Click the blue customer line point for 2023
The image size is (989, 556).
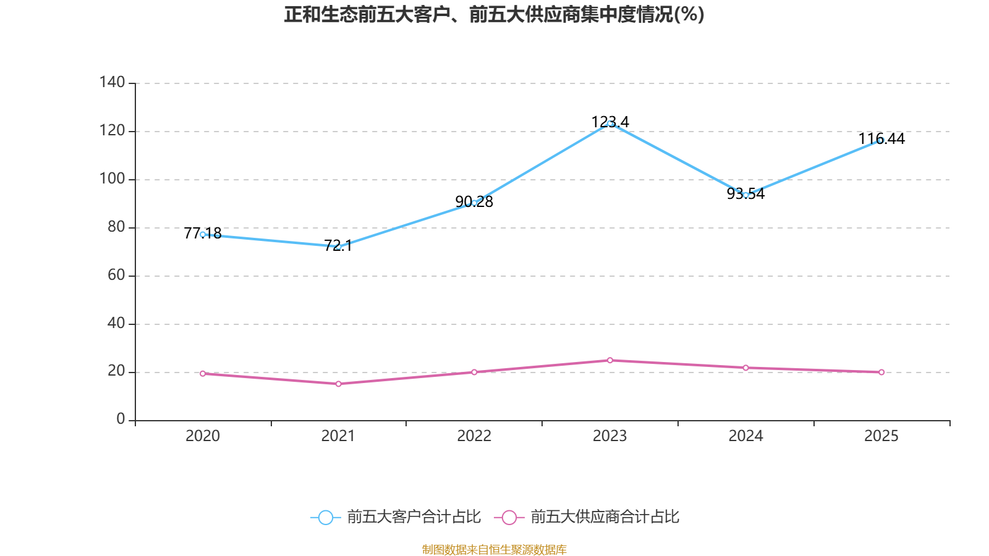pyautogui.click(x=609, y=123)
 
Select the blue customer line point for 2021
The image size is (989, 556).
pyautogui.click(x=338, y=246)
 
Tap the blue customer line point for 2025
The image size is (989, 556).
pyautogui.click(x=881, y=140)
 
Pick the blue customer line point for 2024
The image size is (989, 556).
pyautogui.click(x=745, y=195)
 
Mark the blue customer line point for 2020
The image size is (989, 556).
pyautogui.click(x=203, y=234)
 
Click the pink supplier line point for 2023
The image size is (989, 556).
pyautogui.click(x=609, y=360)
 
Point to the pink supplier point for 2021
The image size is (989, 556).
pyautogui.click(x=338, y=384)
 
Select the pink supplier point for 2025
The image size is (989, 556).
pyautogui.click(x=881, y=372)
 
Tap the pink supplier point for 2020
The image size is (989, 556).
pyautogui.click(x=203, y=373)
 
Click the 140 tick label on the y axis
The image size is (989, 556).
pyautogui.click(x=112, y=82)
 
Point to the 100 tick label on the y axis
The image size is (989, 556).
pyautogui.click(x=112, y=179)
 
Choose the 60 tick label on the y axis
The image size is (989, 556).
pyautogui.click(x=116, y=275)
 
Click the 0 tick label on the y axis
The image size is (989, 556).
pyautogui.click(x=121, y=419)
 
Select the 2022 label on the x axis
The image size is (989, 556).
pyautogui.click(x=474, y=436)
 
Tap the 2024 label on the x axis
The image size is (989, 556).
pyautogui.click(x=745, y=436)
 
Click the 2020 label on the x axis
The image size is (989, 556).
pyautogui.click(x=203, y=436)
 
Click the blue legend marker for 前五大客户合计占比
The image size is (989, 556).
pyautogui.click(x=325, y=517)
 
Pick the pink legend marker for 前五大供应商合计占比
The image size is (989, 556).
pyautogui.click(x=509, y=517)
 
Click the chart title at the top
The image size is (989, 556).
pyautogui.click(x=494, y=14)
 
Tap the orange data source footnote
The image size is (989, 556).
pyautogui.click(x=494, y=549)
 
